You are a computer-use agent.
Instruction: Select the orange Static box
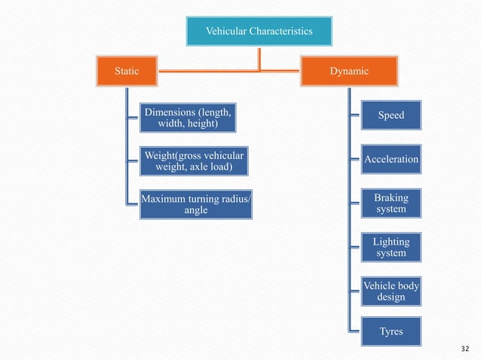[126, 72]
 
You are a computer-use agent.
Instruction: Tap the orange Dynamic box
[348, 72]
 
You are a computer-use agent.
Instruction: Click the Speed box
[391, 116]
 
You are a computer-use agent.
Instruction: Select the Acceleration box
[391, 160]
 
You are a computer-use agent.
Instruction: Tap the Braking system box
[391, 203]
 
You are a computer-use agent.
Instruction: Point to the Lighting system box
[391, 247]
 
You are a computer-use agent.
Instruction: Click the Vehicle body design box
[391, 291]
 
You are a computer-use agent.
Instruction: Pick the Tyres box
[391, 332]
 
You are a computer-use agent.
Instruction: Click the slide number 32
[464, 349]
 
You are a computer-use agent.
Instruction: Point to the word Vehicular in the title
[226, 31]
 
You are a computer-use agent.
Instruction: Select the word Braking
[391, 198]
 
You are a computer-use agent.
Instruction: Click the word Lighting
[391, 242]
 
